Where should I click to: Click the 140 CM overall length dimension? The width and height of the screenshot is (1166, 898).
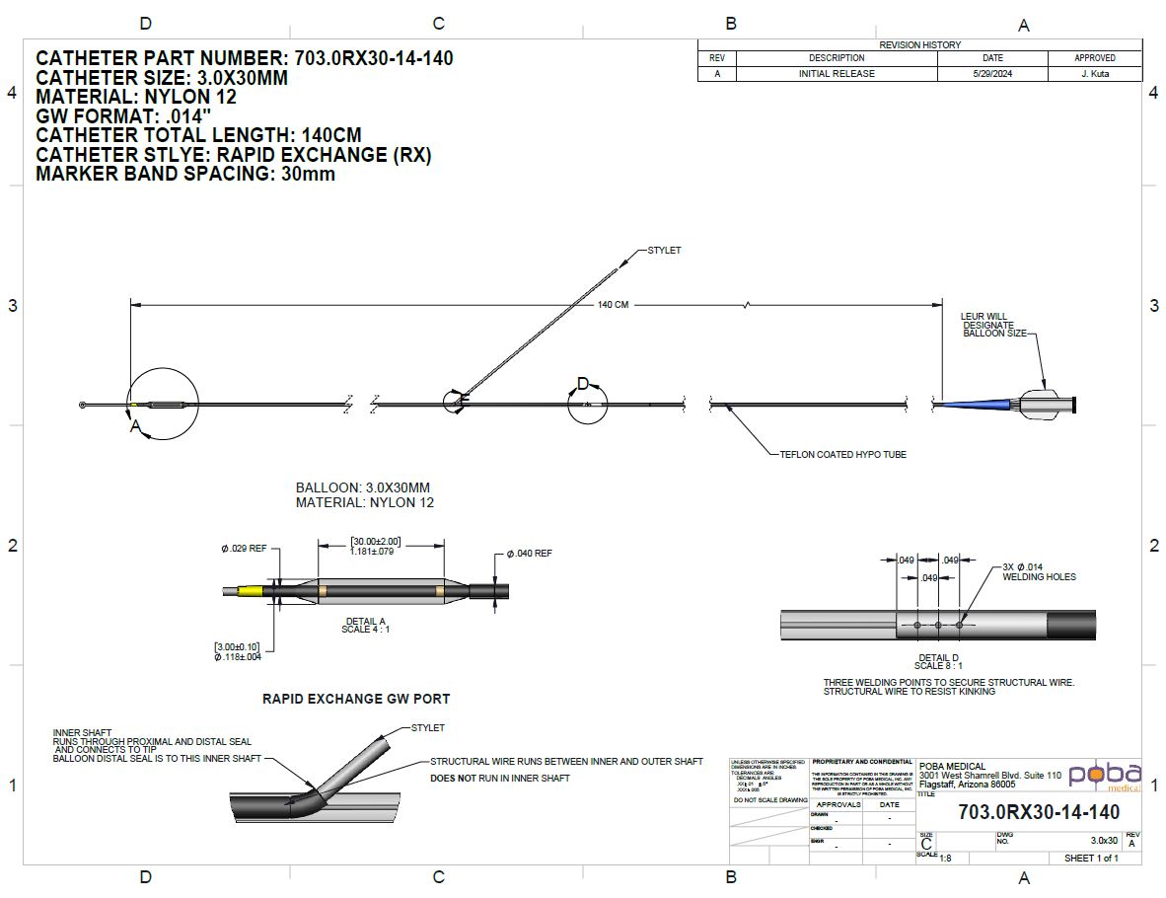coord(613,305)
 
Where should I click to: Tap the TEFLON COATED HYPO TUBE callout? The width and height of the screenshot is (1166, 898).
coord(842,455)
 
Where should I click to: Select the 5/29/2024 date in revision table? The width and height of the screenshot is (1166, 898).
coord(991,74)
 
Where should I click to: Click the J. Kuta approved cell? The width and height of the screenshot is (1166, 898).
coord(1094,74)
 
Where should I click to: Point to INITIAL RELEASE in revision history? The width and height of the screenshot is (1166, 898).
coord(837,74)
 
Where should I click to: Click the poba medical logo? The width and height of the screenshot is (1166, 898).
coord(1105,775)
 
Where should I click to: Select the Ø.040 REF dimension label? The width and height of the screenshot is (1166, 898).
coord(529,555)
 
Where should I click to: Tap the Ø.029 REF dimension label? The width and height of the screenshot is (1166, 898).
coord(244,548)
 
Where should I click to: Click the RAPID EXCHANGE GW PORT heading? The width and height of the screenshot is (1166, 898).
coord(355,699)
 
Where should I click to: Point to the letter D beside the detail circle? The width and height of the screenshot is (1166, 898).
coord(583,383)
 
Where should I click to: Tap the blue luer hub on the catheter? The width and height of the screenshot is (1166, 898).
coord(977,405)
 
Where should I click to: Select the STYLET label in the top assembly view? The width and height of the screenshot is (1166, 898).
coord(664,251)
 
